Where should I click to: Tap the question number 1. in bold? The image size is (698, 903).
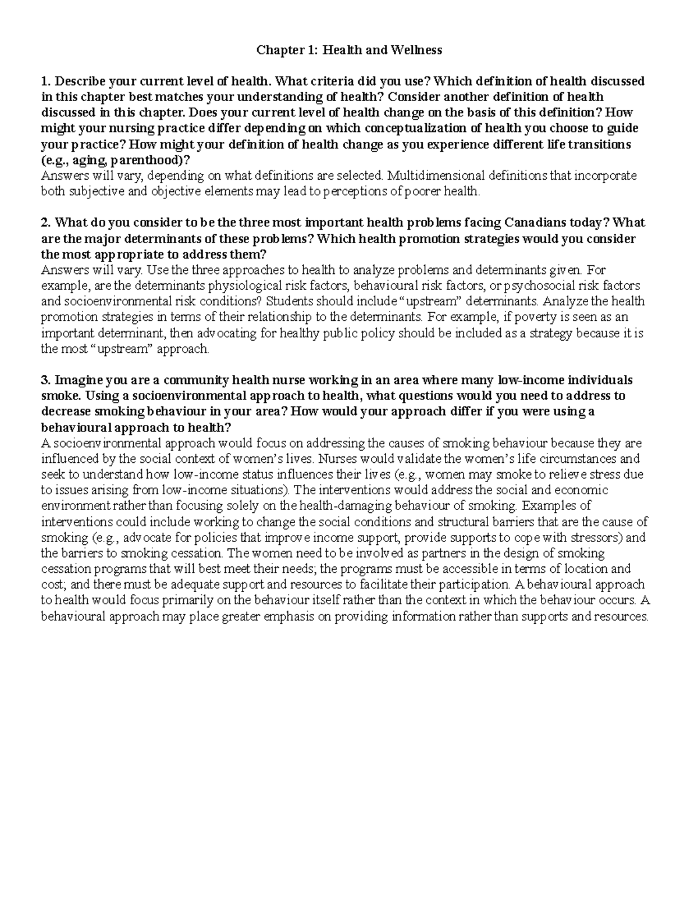click(x=46, y=81)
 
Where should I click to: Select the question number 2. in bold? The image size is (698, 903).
click(x=46, y=223)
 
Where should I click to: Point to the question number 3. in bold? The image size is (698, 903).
click(x=46, y=380)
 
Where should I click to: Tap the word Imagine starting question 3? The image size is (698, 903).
click(x=77, y=380)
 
